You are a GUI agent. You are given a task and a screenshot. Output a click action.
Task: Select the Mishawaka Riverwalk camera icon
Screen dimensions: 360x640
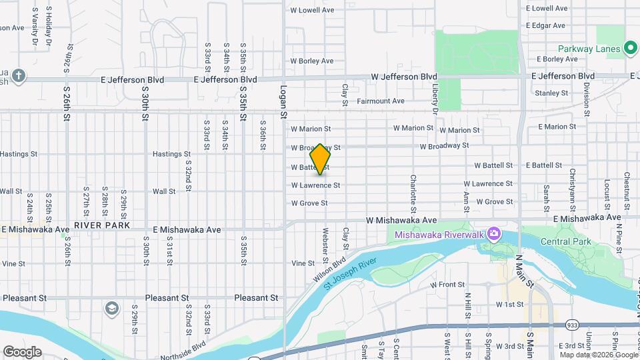click(494, 234)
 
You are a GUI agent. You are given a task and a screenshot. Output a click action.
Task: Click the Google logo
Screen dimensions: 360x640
click(22, 351)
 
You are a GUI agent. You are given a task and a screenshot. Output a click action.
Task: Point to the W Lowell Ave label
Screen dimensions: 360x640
click(312, 10)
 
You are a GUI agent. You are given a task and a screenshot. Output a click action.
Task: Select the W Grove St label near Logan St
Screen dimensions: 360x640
click(309, 203)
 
